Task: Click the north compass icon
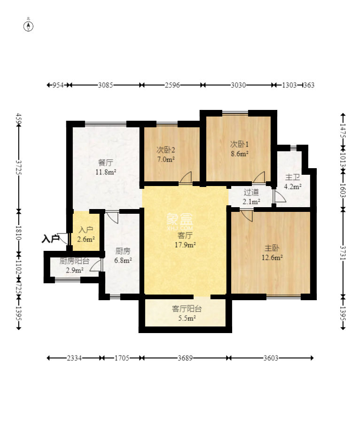pos(28,26)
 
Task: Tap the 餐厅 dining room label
pos(105,163)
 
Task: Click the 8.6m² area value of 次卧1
pos(240,154)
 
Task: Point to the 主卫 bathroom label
pos(292,177)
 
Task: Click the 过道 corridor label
pos(251,193)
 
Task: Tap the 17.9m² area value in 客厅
pos(185,245)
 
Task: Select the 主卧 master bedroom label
pos(272,248)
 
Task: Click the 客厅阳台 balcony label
pos(187,309)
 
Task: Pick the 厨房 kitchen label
pos(123,251)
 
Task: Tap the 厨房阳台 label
pos(74,261)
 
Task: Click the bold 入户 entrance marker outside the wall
pos(50,239)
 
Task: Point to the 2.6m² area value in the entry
pos(86,239)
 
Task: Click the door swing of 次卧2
pos(186,178)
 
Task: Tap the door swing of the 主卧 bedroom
pos(247,216)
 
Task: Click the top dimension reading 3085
pos(105,85)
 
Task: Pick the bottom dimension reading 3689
pos(185,358)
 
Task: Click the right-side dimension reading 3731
pos(343,253)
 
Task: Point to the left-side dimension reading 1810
pos(19,233)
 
